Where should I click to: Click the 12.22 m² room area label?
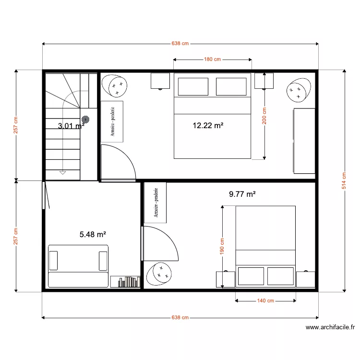[208, 126]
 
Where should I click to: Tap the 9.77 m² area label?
[242, 194]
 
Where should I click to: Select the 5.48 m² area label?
[93, 235]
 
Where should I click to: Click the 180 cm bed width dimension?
[212, 60]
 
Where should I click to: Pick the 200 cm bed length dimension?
[264, 116]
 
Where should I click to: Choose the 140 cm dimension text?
[265, 301]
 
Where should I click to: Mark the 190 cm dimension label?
[222, 247]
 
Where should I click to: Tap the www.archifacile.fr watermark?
[330, 328]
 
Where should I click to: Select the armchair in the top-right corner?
[300, 90]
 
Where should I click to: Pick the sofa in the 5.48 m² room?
[78, 266]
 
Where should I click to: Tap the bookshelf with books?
[125, 282]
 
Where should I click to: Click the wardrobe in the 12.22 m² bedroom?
[112, 121]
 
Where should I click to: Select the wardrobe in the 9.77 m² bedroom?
[155, 203]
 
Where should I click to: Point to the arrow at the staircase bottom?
[62, 171]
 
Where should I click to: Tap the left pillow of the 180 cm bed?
[193, 87]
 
